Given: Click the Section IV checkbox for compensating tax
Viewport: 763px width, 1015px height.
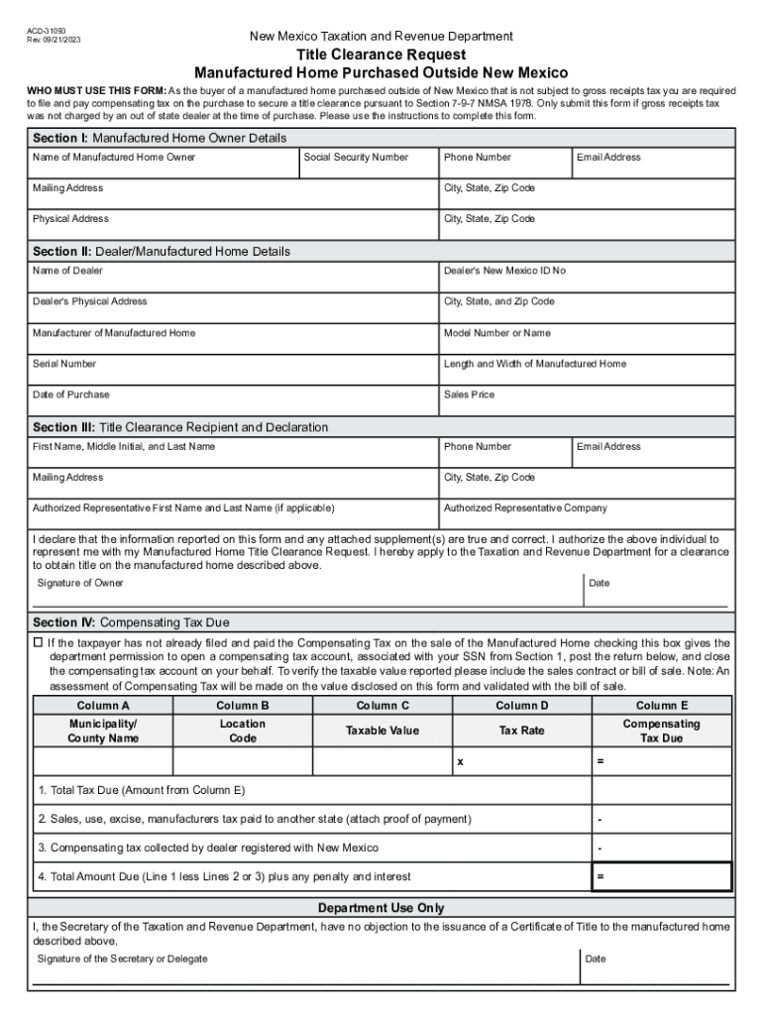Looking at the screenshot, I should pyautogui.click(x=39, y=643).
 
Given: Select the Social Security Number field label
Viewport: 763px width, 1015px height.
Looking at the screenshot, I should pyautogui.click(x=356, y=158).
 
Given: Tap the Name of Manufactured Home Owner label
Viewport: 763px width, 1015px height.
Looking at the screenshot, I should pyautogui.click(x=114, y=158).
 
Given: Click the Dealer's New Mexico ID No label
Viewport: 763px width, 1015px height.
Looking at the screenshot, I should pyautogui.click(x=504, y=271).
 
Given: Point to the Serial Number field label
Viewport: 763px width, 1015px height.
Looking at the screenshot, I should pyautogui.click(x=64, y=364).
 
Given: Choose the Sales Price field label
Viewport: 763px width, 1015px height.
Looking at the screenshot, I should pyautogui.click(x=469, y=395).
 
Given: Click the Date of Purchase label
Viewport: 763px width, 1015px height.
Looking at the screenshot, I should pyautogui.click(x=71, y=395).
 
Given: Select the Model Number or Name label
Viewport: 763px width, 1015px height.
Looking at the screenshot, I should pyautogui.click(x=496, y=333).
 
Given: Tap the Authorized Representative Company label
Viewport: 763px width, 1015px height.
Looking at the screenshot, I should pyautogui.click(x=525, y=508).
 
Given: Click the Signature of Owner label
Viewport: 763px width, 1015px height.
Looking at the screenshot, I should pyautogui.click(x=80, y=583).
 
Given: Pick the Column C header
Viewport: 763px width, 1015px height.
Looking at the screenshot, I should pyautogui.click(x=382, y=706).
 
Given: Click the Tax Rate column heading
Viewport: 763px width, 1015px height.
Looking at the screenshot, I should pyautogui.click(x=521, y=731).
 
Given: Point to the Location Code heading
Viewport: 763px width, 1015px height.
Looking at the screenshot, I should pyautogui.click(x=243, y=731).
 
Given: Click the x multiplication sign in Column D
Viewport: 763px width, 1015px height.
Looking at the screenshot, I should pyautogui.click(x=460, y=762).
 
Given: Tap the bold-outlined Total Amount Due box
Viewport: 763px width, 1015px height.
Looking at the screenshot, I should pyautogui.click(x=661, y=877).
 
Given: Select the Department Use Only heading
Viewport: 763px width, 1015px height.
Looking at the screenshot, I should pyautogui.click(x=381, y=908).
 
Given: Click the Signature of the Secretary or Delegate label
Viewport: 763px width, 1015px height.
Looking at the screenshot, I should pyautogui.click(x=122, y=959).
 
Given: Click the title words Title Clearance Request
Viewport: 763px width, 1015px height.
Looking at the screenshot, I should pyautogui.click(x=381, y=55).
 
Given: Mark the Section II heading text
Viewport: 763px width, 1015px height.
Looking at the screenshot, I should pyautogui.click(x=162, y=252).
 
